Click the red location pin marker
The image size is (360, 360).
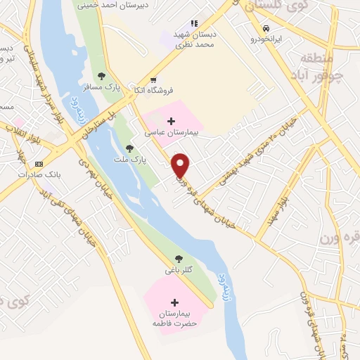click(181, 165)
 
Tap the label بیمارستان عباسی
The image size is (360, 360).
click(173, 132)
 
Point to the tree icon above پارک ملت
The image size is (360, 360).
click(129, 148)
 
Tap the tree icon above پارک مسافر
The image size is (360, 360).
click(102, 76)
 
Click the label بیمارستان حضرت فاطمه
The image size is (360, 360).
click(173, 318)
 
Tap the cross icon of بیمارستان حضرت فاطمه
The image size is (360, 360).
click(174, 302)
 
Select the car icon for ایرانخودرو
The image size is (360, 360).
click(266, 28)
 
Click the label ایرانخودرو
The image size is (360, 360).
click(267, 39)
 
